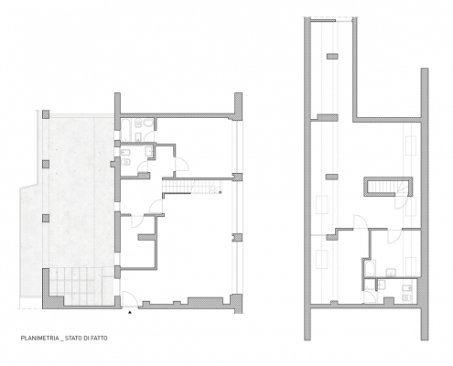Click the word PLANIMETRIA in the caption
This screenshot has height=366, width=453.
pyautogui.click(x=40, y=339)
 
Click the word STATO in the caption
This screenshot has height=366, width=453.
pyautogui.click(x=72, y=339)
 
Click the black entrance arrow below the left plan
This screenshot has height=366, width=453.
pyautogui.click(x=130, y=312)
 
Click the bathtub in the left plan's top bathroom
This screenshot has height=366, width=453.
pyautogui.click(x=126, y=130)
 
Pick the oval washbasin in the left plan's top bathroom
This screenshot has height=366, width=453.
pyautogui.click(x=148, y=124)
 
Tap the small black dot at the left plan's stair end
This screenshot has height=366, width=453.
pyautogui.click(x=220, y=192)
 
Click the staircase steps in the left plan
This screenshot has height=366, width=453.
pyautogui.click(x=191, y=187)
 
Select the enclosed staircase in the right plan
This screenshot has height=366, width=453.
pyautogui.click(x=389, y=187)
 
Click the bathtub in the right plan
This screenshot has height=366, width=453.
pyautogui.click(x=370, y=268)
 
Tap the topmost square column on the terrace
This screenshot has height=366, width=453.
pyautogui.click(x=46, y=114)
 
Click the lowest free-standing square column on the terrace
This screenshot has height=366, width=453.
pyautogui.click(x=46, y=219)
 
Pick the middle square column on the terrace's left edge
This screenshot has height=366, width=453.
pyautogui.click(x=46, y=165)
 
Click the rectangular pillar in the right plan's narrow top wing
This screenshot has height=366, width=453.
pyautogui.click(x=332, y=56)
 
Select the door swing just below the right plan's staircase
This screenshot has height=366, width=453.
pyautogui.click(x=401, y=202)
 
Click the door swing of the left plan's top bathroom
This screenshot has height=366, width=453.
pyautogui.click(x=149, y=136)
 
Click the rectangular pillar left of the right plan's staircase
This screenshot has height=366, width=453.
pyautogui.click(x=331, y=177)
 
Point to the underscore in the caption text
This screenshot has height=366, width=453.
pyautogui.click(x=62, y=340)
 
